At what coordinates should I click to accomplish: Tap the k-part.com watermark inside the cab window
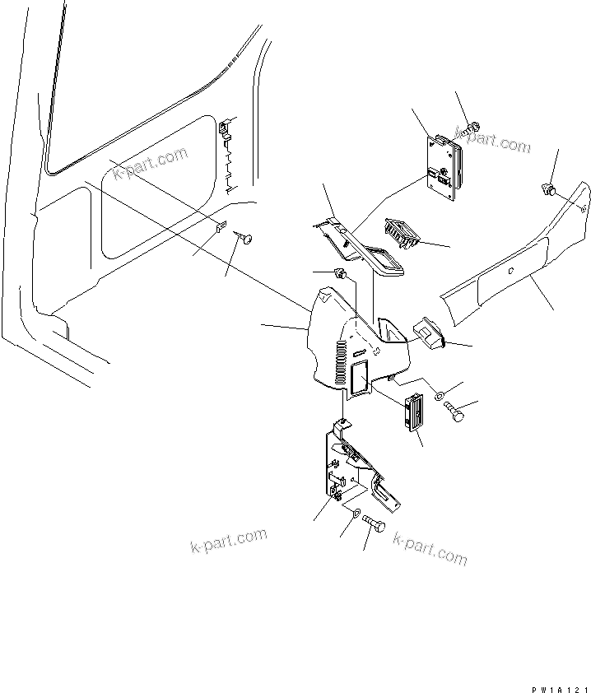click(151, 165)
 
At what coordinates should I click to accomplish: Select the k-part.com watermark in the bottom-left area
click(228, 542)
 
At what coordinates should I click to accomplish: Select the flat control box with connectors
click(442, 169)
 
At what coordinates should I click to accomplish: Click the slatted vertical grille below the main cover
click(413, 412)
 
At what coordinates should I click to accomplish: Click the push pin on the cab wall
click(246, 238)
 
